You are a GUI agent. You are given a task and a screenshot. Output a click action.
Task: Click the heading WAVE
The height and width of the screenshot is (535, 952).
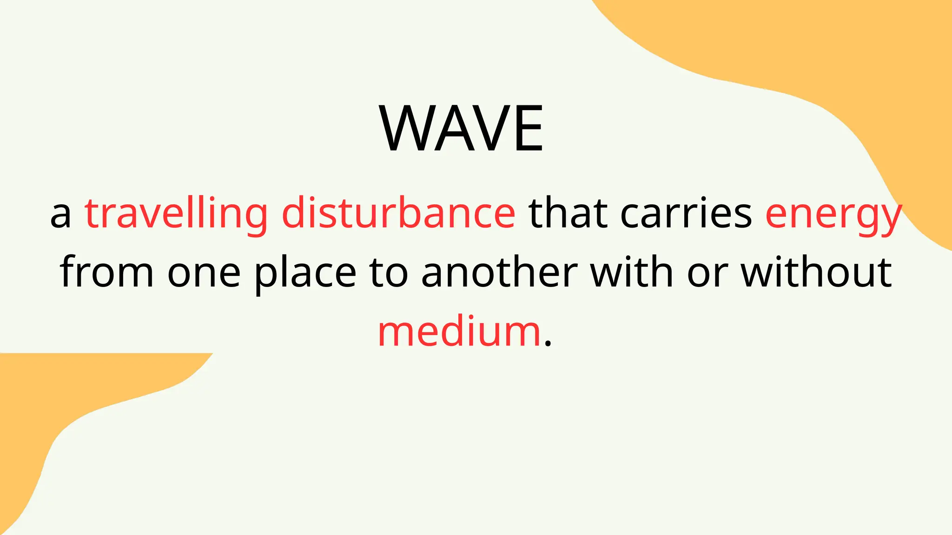click(x=461, y=129)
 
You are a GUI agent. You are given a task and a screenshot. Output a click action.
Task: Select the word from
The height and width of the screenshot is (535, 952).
click(x=106, y=273)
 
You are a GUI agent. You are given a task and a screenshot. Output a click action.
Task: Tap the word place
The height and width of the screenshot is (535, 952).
click(x=305, y=274)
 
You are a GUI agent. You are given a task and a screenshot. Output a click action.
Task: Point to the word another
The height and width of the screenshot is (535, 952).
click(x=499, y=273)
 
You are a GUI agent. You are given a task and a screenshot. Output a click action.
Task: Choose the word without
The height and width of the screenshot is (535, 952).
click(x=816, y=273)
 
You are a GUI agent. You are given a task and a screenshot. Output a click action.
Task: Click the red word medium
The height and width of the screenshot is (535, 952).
click(x=459, y=332)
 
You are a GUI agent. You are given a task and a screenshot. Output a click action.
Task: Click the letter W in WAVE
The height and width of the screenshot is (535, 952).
click(x=405, y=129)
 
